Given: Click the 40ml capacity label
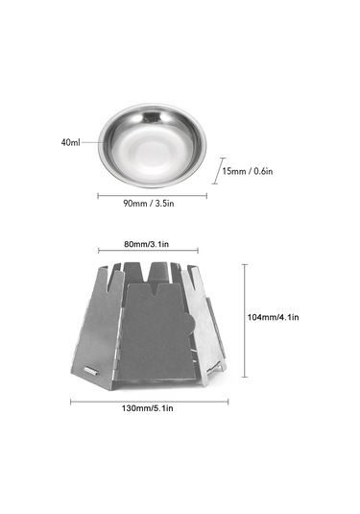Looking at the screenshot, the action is pos(70,142).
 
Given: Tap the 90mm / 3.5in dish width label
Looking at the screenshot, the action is pos(149,204).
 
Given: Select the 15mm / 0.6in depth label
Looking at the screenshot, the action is pos(248,171).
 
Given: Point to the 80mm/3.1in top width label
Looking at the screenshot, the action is pos(147,244).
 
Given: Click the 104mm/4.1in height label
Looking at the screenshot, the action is pos(273,317).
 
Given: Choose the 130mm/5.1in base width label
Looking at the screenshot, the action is pos(148,408).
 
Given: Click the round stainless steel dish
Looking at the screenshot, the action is pos(153,146).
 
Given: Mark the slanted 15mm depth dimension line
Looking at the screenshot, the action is pos(219,171).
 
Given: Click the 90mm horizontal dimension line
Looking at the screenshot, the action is pos(153,196).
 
